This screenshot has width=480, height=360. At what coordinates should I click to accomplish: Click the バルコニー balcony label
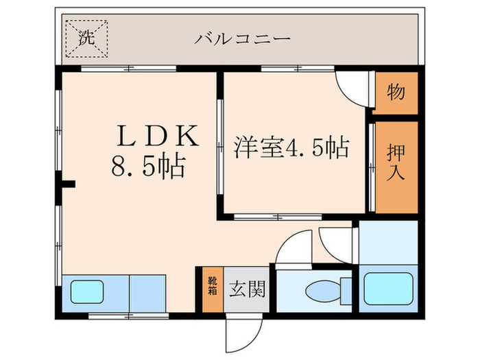[x=242, y=38]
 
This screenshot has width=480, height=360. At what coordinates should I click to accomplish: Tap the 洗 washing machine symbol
[x=86, y=38]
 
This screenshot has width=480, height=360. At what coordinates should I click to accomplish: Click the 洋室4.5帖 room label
[x=292, y=147]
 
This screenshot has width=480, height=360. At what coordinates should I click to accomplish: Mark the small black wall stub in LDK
[x=67, y=184]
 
